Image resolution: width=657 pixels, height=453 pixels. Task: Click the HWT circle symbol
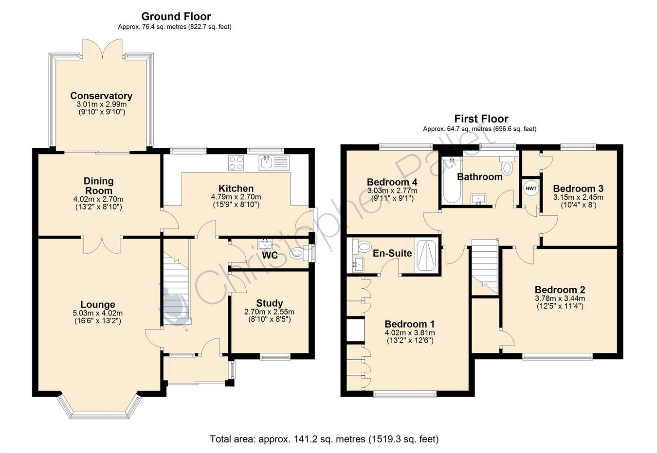click(x=531, y=189)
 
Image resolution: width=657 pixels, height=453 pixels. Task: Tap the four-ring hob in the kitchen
click(x=236, y=163)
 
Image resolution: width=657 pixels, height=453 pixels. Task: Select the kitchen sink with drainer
click(x=274, y=163)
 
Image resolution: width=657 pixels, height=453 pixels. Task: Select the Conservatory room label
click(x=101, y=96)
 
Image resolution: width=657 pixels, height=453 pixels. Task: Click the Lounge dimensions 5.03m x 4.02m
click(x=98, y=313)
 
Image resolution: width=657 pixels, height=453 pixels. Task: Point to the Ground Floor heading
click(x=176, y=16)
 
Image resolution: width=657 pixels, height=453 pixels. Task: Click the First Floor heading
click(x=481, y=119)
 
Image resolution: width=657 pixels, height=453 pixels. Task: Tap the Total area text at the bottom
click(x=324, y=439)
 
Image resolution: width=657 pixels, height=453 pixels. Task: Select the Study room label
click(x=269, y=303)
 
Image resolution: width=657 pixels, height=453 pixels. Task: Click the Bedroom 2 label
click(x=560, y=290)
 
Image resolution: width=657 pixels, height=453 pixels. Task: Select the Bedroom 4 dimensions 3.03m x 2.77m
click(x=392, y=191)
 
